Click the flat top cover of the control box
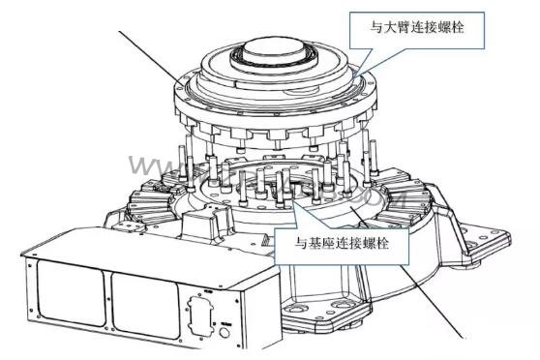tap(135, 247)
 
